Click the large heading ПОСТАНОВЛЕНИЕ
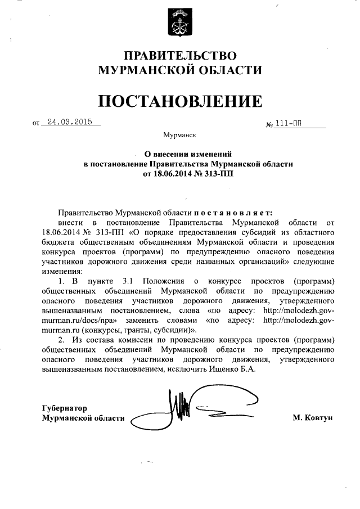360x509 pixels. [180, 101]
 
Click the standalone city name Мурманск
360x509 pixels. [180, 136]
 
